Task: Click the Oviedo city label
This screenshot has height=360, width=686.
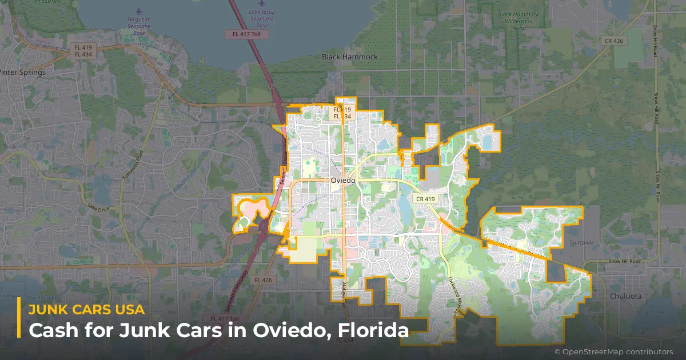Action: (x=343, y=180)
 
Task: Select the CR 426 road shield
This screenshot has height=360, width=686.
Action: (x=615, y=41)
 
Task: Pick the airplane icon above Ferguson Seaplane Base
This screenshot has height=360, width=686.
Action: (x=139, y=11)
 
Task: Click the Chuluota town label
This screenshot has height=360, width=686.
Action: (x=625, y=296)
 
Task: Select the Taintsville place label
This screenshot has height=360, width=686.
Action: (x=581, y=242)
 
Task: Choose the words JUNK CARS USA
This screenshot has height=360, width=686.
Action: (x=86, y=310)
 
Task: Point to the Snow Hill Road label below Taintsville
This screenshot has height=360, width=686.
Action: (x=624, y=261)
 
